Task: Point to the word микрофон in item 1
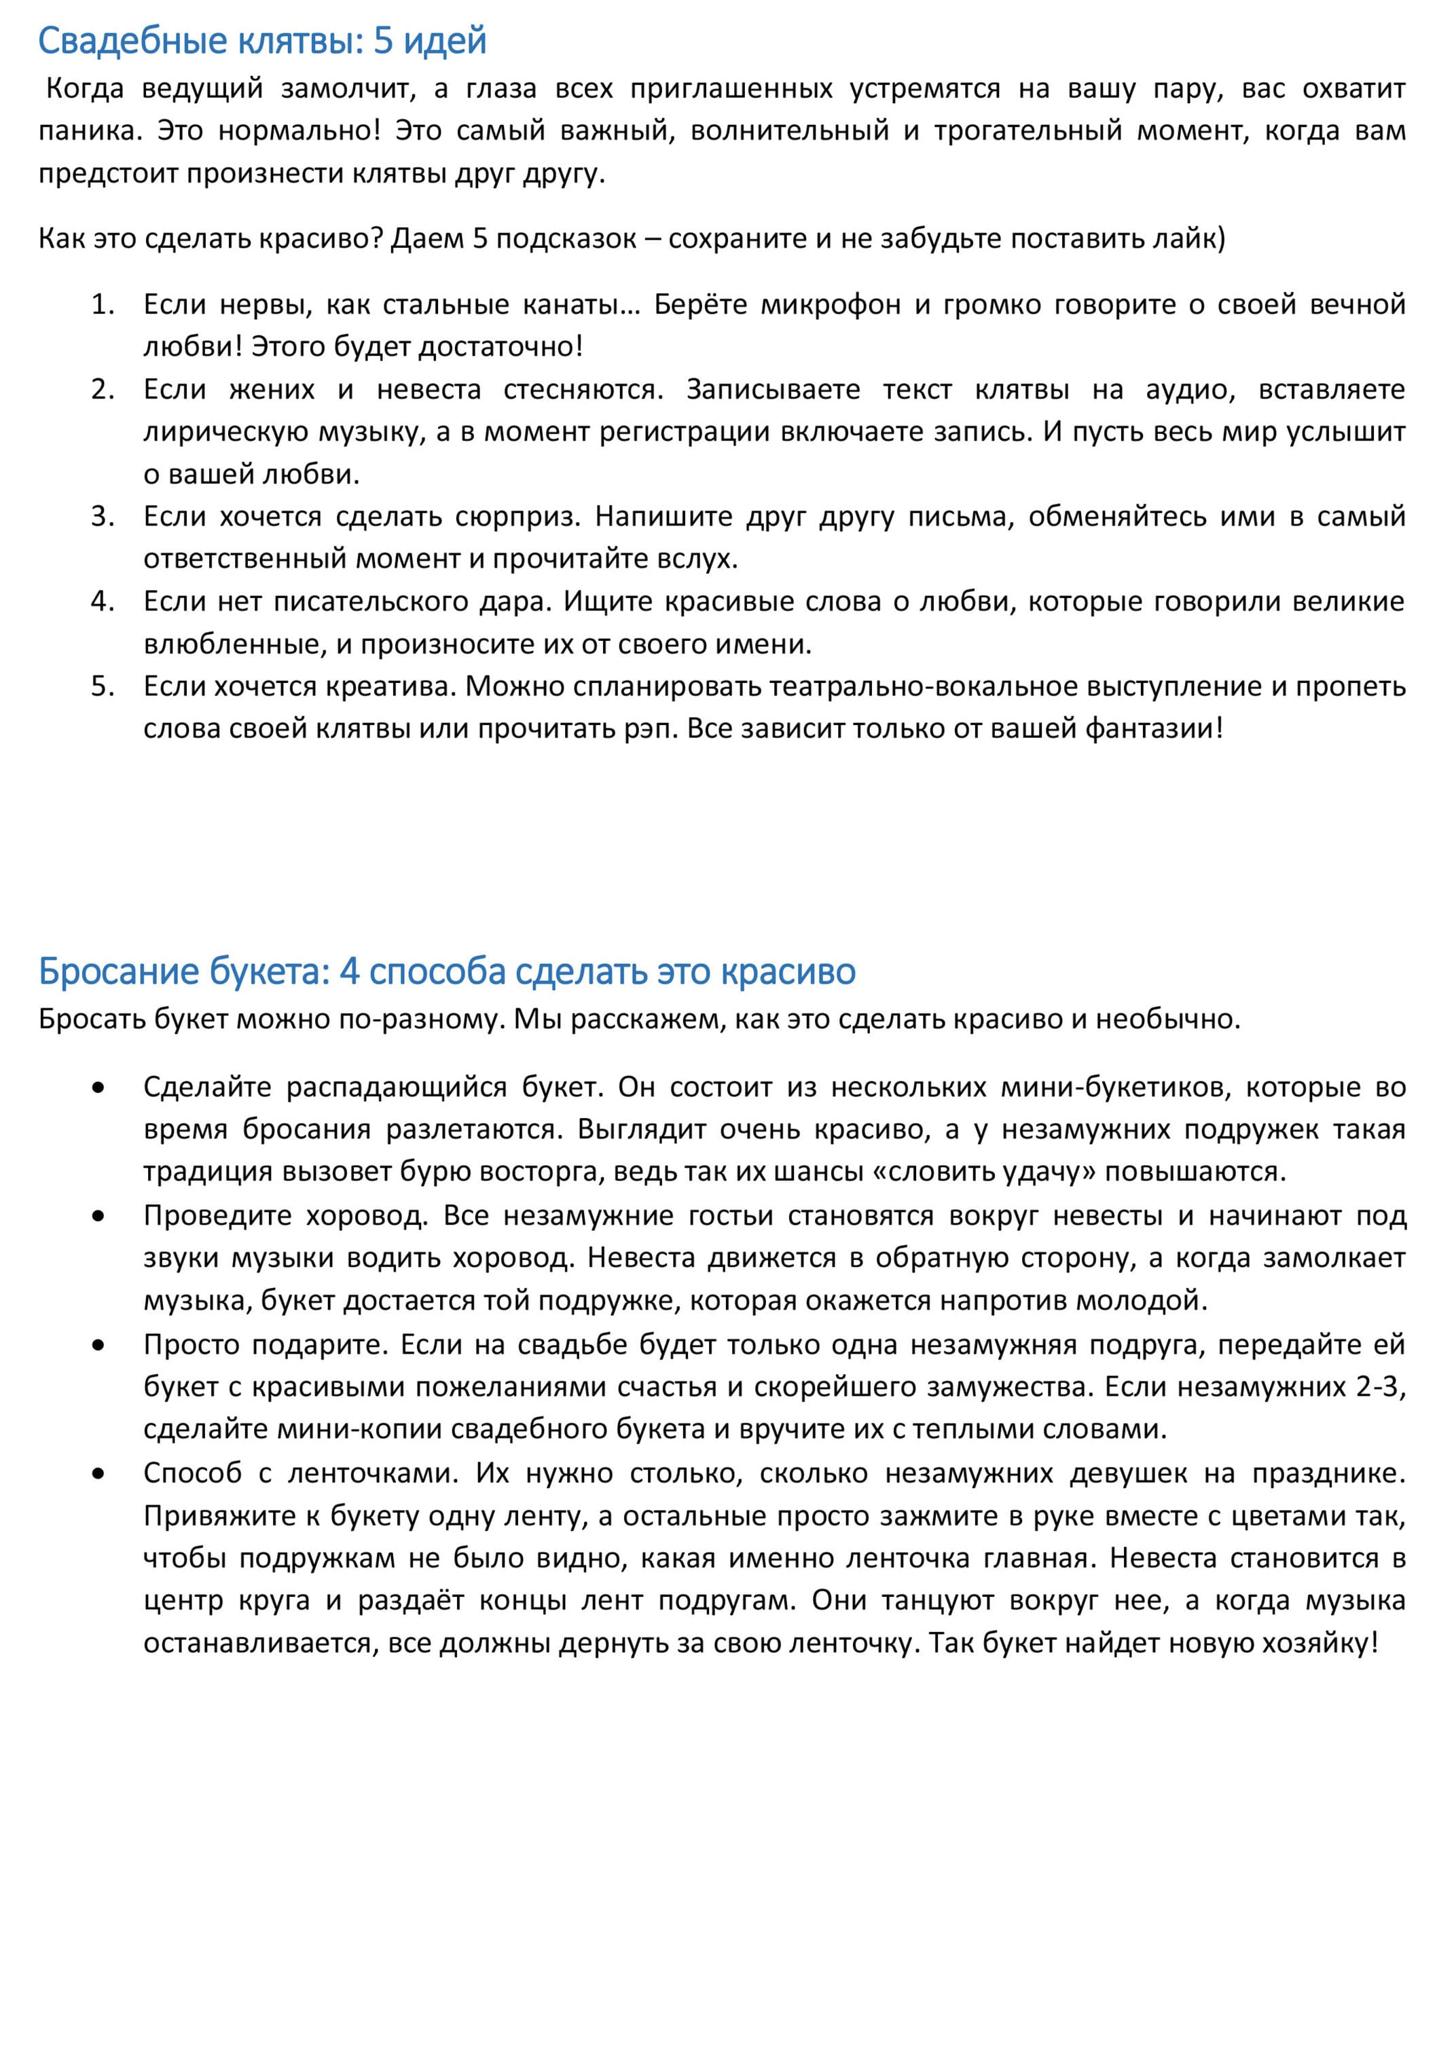[x=830, y=305]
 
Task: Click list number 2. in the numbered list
[x=103, y=390]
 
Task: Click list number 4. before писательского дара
[x=103, y=602]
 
